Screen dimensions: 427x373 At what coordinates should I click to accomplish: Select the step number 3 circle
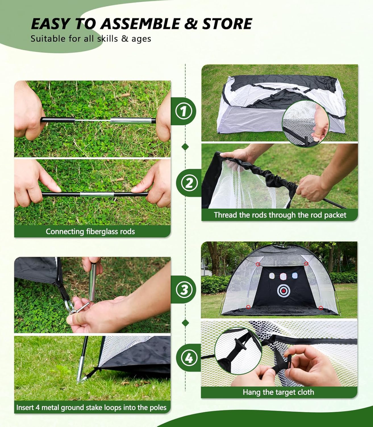coord(185,290)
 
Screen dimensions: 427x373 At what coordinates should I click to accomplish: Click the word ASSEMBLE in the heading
coord(140,24)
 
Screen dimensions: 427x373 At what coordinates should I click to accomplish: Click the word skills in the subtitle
coord(108,38)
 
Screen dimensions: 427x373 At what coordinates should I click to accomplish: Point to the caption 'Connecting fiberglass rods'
coord(90,231)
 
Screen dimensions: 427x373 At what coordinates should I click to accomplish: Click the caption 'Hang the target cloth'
coord(278,392)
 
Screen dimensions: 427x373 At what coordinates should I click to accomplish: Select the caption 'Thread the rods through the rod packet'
coord(280,215)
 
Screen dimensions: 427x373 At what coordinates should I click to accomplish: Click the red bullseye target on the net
coord(283,291)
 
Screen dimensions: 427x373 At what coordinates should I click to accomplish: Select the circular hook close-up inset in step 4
coord(238,350)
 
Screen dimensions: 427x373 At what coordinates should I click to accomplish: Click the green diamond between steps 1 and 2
coord(185,147)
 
